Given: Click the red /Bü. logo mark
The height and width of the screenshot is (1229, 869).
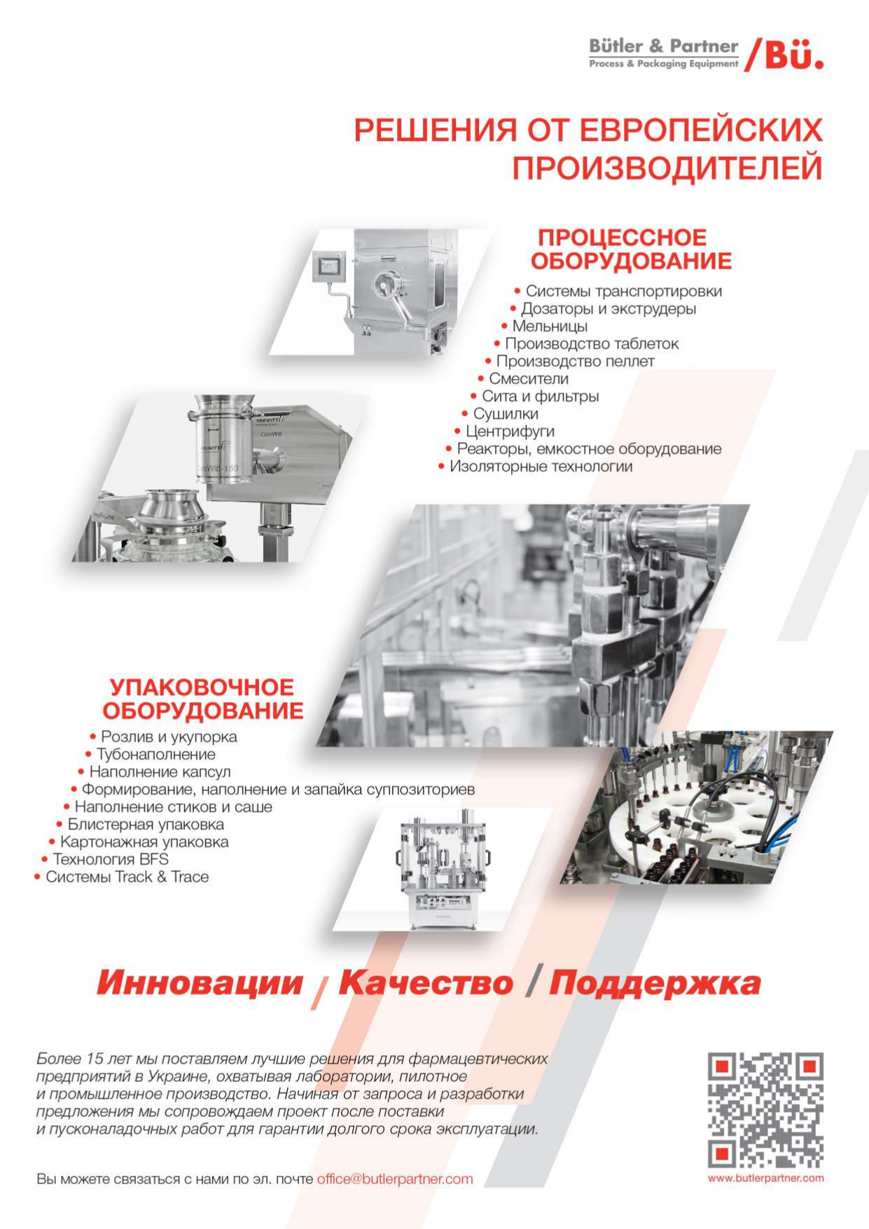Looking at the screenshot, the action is [x=784, y=54].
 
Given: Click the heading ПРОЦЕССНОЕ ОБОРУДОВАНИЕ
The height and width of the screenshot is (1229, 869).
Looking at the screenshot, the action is [x=631, y=249].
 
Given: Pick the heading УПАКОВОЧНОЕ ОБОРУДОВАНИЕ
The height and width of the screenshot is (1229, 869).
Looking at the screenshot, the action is [x=203, y=699].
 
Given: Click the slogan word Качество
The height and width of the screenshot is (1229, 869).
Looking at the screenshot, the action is [x=426, y=982].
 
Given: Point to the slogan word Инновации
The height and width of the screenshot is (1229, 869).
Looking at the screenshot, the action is [x=200, y=982].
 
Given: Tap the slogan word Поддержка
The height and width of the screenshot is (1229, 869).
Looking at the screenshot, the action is [x=655, y=982].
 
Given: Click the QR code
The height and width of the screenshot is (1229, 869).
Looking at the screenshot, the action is [x=765, y=1110].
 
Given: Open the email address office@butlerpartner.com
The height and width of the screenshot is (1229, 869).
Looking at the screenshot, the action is [x=395, y=1179].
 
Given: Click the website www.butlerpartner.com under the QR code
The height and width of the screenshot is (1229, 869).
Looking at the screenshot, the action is [x=765, y=1178].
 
